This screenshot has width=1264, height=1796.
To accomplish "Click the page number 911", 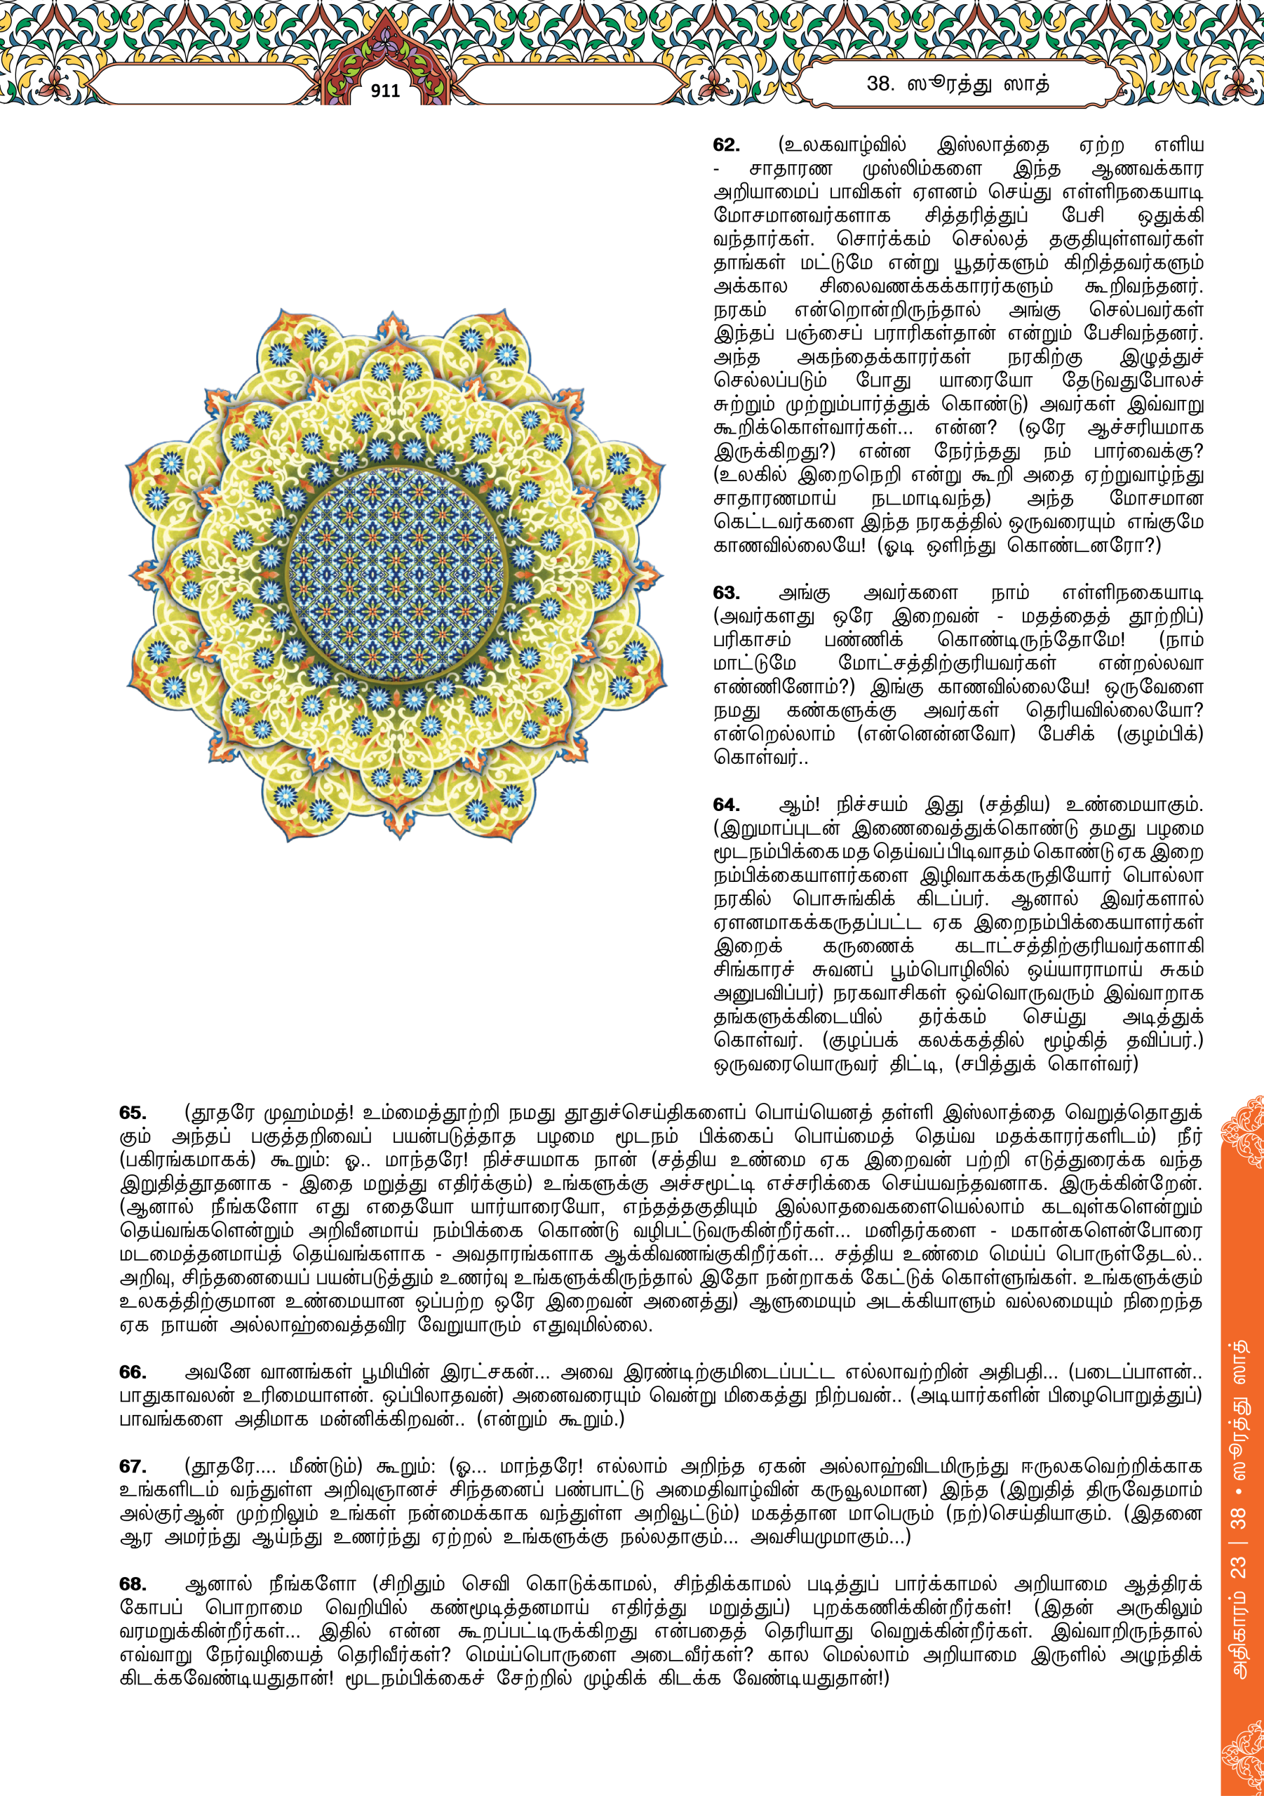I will pos(385,91).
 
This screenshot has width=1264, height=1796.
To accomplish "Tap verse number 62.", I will pos(726,145).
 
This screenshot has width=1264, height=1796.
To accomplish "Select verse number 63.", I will pos(726,593).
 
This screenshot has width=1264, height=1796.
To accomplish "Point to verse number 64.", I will pos(726,805).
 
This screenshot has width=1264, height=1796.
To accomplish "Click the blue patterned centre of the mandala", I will pos(396,573).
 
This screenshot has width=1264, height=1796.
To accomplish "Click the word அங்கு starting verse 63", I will pos(804,593).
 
